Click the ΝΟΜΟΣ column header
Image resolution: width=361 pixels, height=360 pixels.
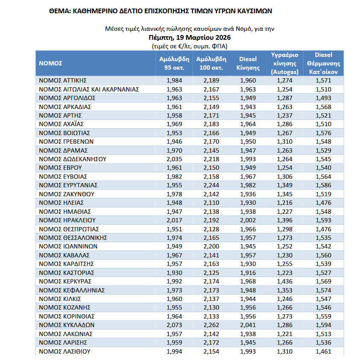pos(51,63)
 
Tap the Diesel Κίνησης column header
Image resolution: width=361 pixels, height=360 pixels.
pos(248,63)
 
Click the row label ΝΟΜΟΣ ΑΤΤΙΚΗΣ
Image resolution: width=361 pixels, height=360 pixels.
pos(63,80)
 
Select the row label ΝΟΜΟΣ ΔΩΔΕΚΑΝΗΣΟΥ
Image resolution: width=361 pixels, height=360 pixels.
pos(72,159)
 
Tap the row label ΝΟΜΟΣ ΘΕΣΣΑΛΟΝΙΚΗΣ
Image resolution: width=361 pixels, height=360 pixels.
pos(73,237)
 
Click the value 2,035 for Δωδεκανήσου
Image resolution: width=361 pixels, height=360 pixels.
pos(174,159)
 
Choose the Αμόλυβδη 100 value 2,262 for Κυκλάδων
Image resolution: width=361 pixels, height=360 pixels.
pos(211,325)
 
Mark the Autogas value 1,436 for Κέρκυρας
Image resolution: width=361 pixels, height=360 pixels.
pos(285,281)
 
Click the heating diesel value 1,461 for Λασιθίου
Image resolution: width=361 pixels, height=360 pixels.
pos(323,351)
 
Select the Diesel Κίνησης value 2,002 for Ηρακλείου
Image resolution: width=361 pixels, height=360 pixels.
pos(248,220)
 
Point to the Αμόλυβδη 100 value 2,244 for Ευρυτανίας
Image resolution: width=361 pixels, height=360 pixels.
pos(211,185)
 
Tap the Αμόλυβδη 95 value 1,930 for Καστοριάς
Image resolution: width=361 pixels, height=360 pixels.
pos(174,272)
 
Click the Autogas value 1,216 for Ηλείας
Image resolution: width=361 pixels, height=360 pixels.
pos(285,203)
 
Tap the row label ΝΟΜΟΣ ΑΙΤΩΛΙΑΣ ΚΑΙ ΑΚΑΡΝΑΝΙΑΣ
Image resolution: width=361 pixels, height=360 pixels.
pos(89,89)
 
